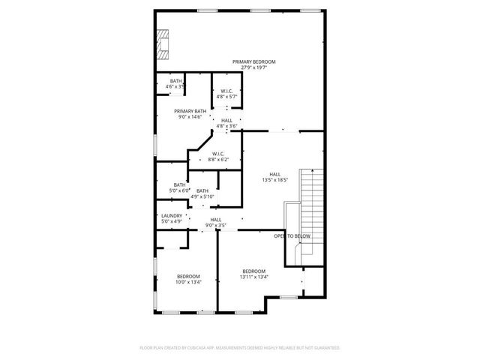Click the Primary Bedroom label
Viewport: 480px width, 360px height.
click(x=253, y=61)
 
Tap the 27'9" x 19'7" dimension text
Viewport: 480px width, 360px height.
click(x=253, y=67)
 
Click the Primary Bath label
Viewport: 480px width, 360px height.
click(x=190, y=111)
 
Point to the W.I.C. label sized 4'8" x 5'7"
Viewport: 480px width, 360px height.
click(x=226, y=91)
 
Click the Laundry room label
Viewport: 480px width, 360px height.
click(x=172, y=216)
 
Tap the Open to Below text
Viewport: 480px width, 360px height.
click(x=292, y=236)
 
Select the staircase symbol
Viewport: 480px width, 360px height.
click(x=311, y=210)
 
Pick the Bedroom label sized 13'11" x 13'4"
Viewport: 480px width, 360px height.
click(x=253, y=271)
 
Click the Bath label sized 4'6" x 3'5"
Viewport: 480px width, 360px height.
click(x=175, y=81)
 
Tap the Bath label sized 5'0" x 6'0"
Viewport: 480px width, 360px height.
click(x=179, y=184)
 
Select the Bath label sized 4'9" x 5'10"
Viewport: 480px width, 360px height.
click(x=202, y=190)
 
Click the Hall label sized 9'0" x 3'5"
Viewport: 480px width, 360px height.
click(x=215, y=219)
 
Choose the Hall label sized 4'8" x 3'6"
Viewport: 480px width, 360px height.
click(x=226, y=120)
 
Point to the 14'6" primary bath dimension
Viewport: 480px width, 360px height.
click(x=199, y=117)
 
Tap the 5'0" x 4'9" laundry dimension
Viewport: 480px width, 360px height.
click(x=172, y=222)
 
